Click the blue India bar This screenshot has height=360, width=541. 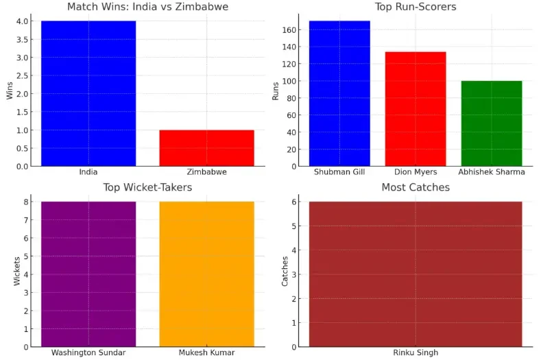[88, 93]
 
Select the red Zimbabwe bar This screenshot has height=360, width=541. [206, 147]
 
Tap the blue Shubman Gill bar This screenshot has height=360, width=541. [339, 93]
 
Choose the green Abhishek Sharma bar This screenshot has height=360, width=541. [491, 123]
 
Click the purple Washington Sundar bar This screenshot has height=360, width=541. [88, 274]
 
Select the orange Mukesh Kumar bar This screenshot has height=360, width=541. [206, 274]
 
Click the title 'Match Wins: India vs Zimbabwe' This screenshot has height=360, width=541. [147, 7]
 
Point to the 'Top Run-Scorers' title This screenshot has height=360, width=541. [416, 7]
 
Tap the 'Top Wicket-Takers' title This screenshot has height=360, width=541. [147, 187]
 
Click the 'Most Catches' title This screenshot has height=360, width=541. [416, 187]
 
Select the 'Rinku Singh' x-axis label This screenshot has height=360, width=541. [416, 352]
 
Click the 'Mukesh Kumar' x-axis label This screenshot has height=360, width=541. [206, 352]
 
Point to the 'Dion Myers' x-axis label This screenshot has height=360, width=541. [416, 172]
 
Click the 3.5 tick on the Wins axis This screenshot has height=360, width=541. [23, 39]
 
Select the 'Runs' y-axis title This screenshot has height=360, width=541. [276, 93]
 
